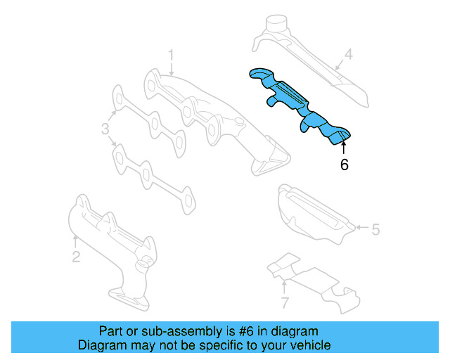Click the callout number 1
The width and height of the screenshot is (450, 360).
click(170, 55)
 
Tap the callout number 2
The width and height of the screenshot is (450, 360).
click(76, 257)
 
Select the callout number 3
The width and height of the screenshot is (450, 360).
click(105, 129)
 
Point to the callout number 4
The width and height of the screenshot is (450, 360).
click(347, 53)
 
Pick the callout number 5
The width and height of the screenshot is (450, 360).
click(375, 229)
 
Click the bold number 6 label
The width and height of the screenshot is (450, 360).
click(344, 165)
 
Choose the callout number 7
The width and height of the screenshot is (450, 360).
click(285, 304)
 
